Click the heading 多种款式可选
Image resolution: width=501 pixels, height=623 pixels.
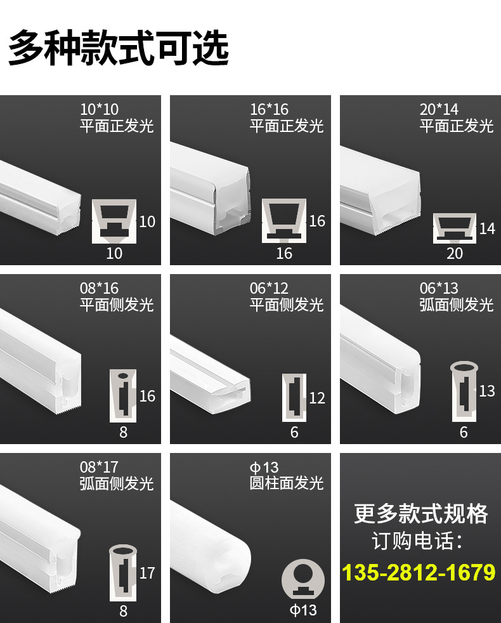click(x=118, y=48)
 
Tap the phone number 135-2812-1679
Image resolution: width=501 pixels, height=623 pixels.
click(x=419, y=572)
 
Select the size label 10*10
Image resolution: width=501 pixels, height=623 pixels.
click(x=99, y=109)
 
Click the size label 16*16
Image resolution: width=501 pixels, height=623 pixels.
click(x=269, y=109)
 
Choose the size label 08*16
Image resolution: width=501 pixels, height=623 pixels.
click(x=99, y=289)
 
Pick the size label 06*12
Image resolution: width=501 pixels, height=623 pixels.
click(x=269, y=289)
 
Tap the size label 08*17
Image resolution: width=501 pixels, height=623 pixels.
click(x=99, y=468)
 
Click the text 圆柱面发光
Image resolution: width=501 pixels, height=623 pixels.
click(x=287, y=484)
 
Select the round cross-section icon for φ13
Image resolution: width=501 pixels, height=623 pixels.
click(x=303, y=579)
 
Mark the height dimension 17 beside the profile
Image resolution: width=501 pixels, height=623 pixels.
click(x=147, y=573)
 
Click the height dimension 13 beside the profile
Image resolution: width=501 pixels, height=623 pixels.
click(x=487, y=391)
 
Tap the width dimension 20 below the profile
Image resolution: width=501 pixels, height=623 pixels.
click(x=455, y=254)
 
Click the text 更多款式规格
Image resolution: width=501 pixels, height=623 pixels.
click(x=420, y=513)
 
